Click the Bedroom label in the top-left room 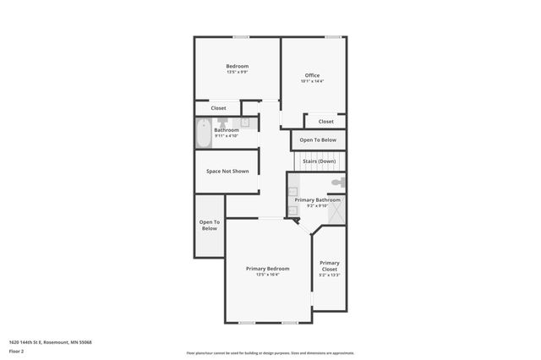click(x=237, y=66)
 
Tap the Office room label click(x=312, y=75)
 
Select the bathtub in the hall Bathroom click(x=203, y=134)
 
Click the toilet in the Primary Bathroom click(x=337, y=183)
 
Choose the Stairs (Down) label click(x=318, y=161)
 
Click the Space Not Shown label click(x=227, y=171)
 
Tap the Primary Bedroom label click(x=267, y=269)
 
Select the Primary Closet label click(x=330, y=265)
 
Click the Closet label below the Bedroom click(x=218, y=108)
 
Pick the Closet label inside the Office click(x=326, y=121)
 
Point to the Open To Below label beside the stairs click(x=318, y=139)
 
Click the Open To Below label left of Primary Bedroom click(x=209, y=225)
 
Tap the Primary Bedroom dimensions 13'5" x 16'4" click(x=267, y=275)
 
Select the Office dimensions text click(x=312, y=81)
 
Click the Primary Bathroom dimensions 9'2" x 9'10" click(x=317, y=205)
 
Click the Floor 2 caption click(x=16, y=351)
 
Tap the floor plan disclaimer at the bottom click(x=270, y=353)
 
